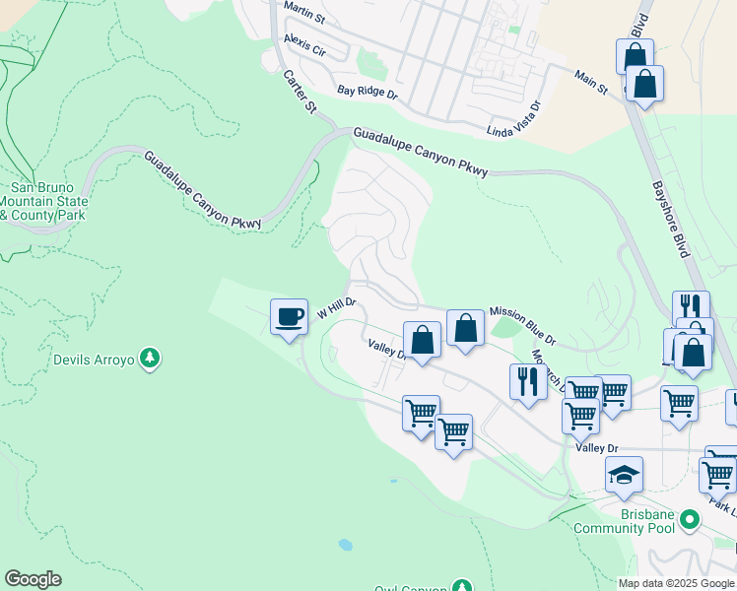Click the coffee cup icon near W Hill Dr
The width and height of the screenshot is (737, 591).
click(x=289, y=317)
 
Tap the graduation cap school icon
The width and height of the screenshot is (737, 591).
click(x=624, y=476)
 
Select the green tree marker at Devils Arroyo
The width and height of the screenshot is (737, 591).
click(x=149, y=360)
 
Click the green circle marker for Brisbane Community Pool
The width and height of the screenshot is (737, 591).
click(x=690, y=518)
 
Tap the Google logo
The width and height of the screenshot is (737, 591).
click(x=33, y=579)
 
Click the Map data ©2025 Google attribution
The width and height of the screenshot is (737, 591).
click(x=676, y=583)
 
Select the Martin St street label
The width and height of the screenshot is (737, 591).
click(x=304, y=7)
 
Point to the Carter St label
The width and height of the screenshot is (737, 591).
click(x=299, y=92)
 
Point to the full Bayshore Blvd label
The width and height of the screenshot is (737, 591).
click(x=670, y=219)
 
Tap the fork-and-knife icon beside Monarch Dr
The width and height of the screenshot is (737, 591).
click(x=528, y=381)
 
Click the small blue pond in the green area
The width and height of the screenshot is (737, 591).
click(x=345, y=544)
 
